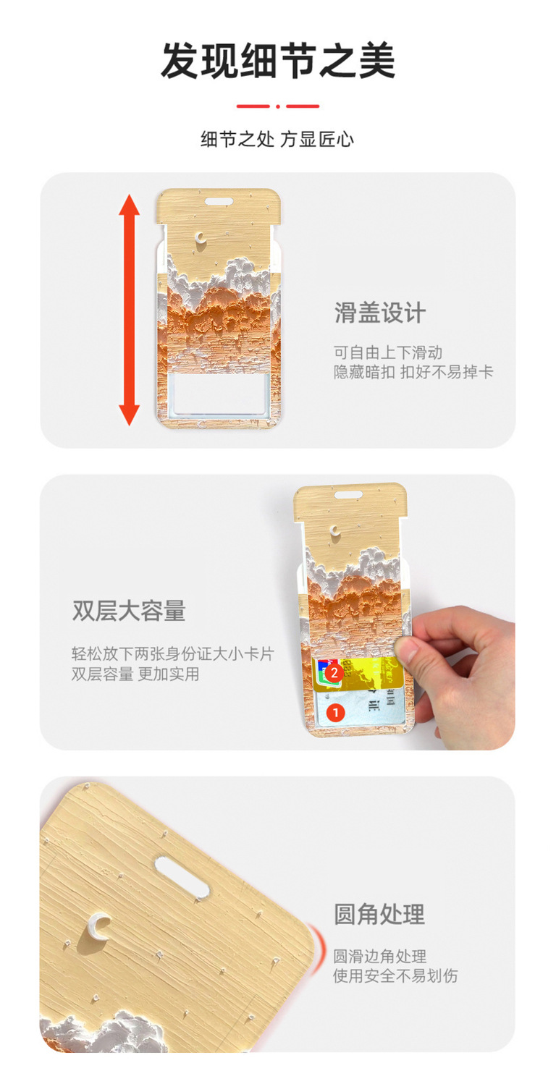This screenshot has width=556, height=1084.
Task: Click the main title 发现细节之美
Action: (278, 61)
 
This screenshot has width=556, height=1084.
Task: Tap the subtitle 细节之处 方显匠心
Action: (277, 140)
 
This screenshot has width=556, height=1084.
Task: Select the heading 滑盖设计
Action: (380, 313)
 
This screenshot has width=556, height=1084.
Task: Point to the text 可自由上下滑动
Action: (388, 352)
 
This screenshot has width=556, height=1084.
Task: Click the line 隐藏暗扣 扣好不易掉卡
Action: (413, 372)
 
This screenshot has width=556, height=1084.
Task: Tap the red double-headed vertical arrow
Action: (130, 310)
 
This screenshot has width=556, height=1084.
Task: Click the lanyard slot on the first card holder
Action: (219, 201)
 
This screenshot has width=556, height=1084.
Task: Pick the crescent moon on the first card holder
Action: (201, 237)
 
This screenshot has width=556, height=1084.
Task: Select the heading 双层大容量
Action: (129, 611)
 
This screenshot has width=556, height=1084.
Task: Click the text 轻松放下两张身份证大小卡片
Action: (173, 653)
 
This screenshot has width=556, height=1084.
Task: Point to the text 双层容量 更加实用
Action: (135, 674)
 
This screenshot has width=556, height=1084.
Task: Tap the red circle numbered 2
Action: (334, 673)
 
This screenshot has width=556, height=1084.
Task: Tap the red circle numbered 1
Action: (336, 712)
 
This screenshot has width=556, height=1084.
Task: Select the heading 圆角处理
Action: (379, 914)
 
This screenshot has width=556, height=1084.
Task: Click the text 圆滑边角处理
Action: (379, 956)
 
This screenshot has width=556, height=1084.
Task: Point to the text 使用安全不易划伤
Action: (395, 975)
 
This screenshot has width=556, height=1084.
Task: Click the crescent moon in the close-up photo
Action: (98, 926)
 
